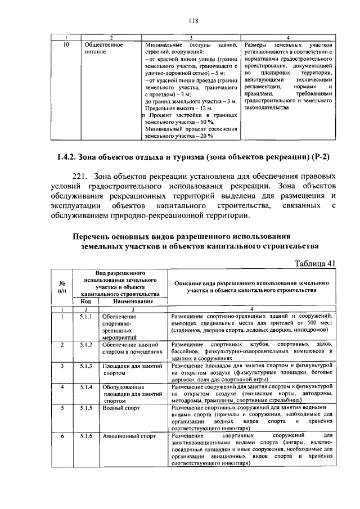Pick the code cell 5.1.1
pos(85,317)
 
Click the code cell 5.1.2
pos(85,344)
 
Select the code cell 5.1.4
pos(85,388)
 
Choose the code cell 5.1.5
pos(85,409)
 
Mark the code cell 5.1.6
pos(85,436)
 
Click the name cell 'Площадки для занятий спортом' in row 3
pos(132,370)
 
